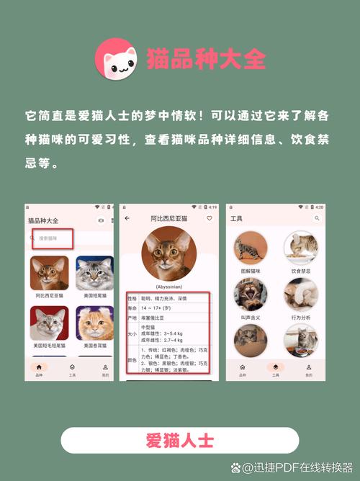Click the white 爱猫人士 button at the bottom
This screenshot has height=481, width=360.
coord(179,440)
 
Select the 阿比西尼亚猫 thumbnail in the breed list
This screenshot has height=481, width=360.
coord(50,273)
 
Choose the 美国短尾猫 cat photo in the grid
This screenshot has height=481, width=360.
coord(94,273)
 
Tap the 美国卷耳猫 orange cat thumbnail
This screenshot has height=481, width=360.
coord(94,323)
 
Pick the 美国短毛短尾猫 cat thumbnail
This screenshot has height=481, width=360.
coord(50,323)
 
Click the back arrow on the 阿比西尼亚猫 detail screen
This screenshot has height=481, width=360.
coord(127,217)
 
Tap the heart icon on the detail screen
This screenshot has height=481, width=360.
coord(210,217)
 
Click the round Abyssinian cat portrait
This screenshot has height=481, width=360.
coord(168,253)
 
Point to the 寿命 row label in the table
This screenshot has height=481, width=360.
coord(132,307)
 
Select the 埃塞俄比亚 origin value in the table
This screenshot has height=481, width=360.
coord(154,318)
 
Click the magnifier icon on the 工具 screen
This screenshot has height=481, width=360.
coord(317,217)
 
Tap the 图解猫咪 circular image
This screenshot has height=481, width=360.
coord(251,247)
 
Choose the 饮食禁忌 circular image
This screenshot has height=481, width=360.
coord(301,247)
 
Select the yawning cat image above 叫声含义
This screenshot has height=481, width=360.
coord(251,294)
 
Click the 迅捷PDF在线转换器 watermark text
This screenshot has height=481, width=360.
coord(296,468)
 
